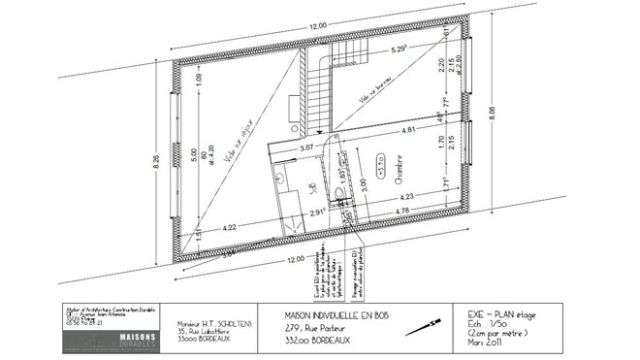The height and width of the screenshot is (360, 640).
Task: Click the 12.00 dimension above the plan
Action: tap(317, 27)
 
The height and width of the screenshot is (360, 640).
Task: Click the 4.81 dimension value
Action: tap(409, 129)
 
